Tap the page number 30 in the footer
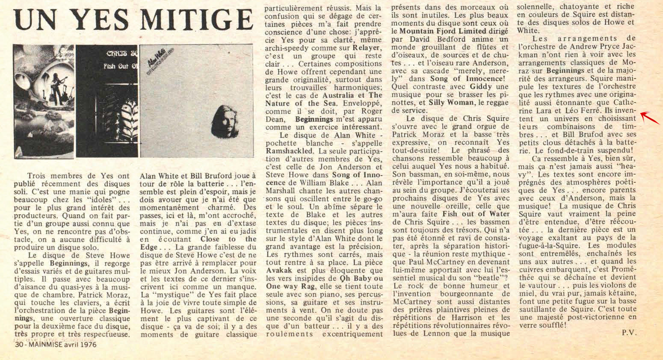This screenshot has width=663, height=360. tap(18, 344)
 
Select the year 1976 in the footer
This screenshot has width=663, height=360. tap(88, 344)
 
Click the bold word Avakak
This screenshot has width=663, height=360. tap(279, 270)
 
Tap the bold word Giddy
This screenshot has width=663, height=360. tap(481, 86)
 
